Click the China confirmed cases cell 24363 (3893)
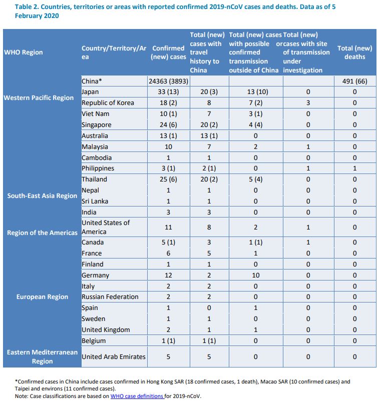[x=168, y=81]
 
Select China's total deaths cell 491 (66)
[x=354, y=81]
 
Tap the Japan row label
[x=90, y=92]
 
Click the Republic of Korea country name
[x=108, y=102]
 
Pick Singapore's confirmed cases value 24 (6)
[x=168, y=124]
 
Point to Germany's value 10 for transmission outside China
[x=255, y=275]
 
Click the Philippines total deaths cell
[x=354, y=168]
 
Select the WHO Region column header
[x=24, y=52]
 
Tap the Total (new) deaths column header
[x=354, y=52]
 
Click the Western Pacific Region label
[x=39, y=97]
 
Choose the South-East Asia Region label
[x=42, y=195]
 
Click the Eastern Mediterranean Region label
[x=42, y=356]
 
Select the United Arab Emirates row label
[x=114, y=356]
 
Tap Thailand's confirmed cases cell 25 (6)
[x=168, y=179]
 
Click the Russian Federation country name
[x=110, y=296]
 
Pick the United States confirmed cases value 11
[x=168, y=227]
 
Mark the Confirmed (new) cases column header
[x=168, y=52]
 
